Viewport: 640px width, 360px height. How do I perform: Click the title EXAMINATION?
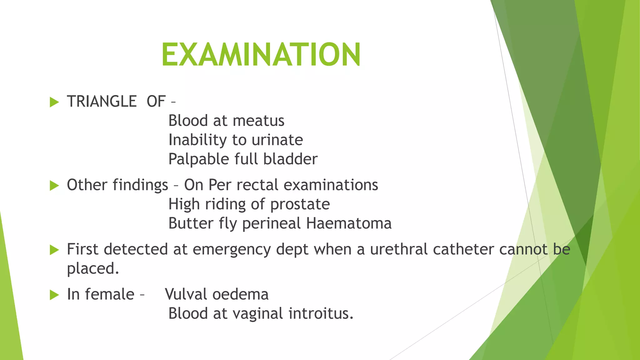[x=261, y=55]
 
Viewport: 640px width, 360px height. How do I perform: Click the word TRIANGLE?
[x=102, y=102]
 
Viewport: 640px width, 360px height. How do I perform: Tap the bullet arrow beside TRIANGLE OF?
[x=54, y=102]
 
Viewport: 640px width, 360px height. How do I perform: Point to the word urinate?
[x=277, y=140]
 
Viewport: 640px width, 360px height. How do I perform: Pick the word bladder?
[x=290, y=159]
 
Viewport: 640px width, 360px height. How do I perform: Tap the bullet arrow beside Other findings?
[x=54, y=186]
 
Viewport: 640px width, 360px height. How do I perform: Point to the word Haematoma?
[x=349, y=223]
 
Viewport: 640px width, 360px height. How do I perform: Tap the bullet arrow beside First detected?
[x=54, y=250]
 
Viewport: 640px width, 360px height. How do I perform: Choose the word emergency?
[x=232, y=250]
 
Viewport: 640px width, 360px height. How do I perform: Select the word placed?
[x=93, y=269]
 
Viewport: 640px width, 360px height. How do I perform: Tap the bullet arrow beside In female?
[x=54, y=295]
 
